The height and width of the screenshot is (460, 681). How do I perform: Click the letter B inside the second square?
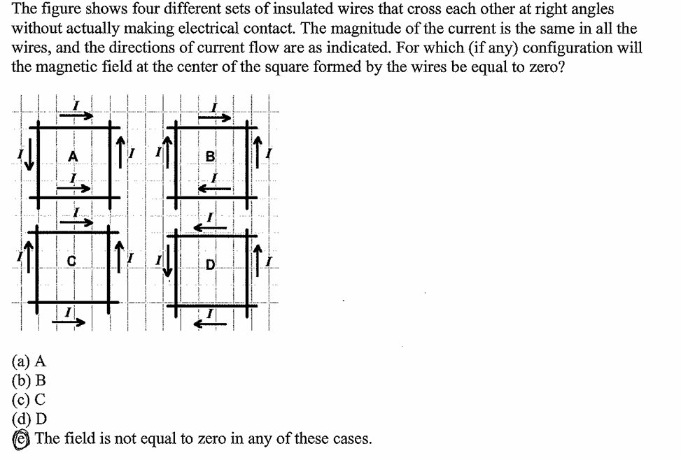click(210, 157)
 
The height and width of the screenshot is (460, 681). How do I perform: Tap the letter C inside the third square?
click(71, 262)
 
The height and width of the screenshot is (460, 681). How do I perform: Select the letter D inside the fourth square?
click(210, 264)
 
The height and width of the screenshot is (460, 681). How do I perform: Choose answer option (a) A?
click(29, 361)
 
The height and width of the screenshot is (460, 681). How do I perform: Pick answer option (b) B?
click(29, 381)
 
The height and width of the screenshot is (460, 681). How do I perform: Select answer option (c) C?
click(29, 401)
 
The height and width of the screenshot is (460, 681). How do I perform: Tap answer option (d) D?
click(29, 419)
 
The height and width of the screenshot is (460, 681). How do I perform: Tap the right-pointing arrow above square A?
click(78, 116)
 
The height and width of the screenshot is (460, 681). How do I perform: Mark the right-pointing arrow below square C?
click(76, 322)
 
